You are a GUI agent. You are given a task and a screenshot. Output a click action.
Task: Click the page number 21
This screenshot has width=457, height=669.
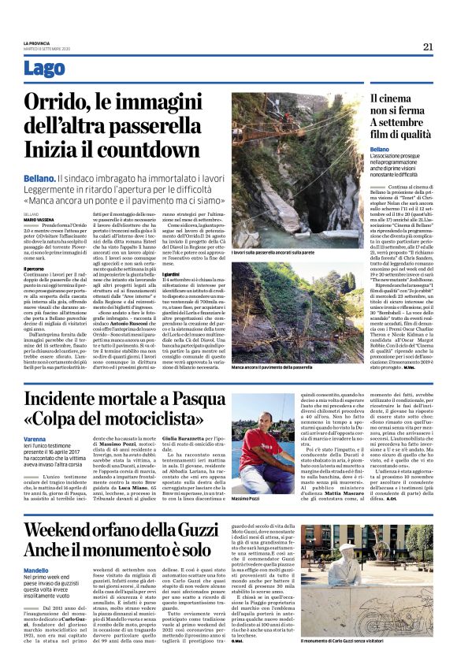428,46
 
